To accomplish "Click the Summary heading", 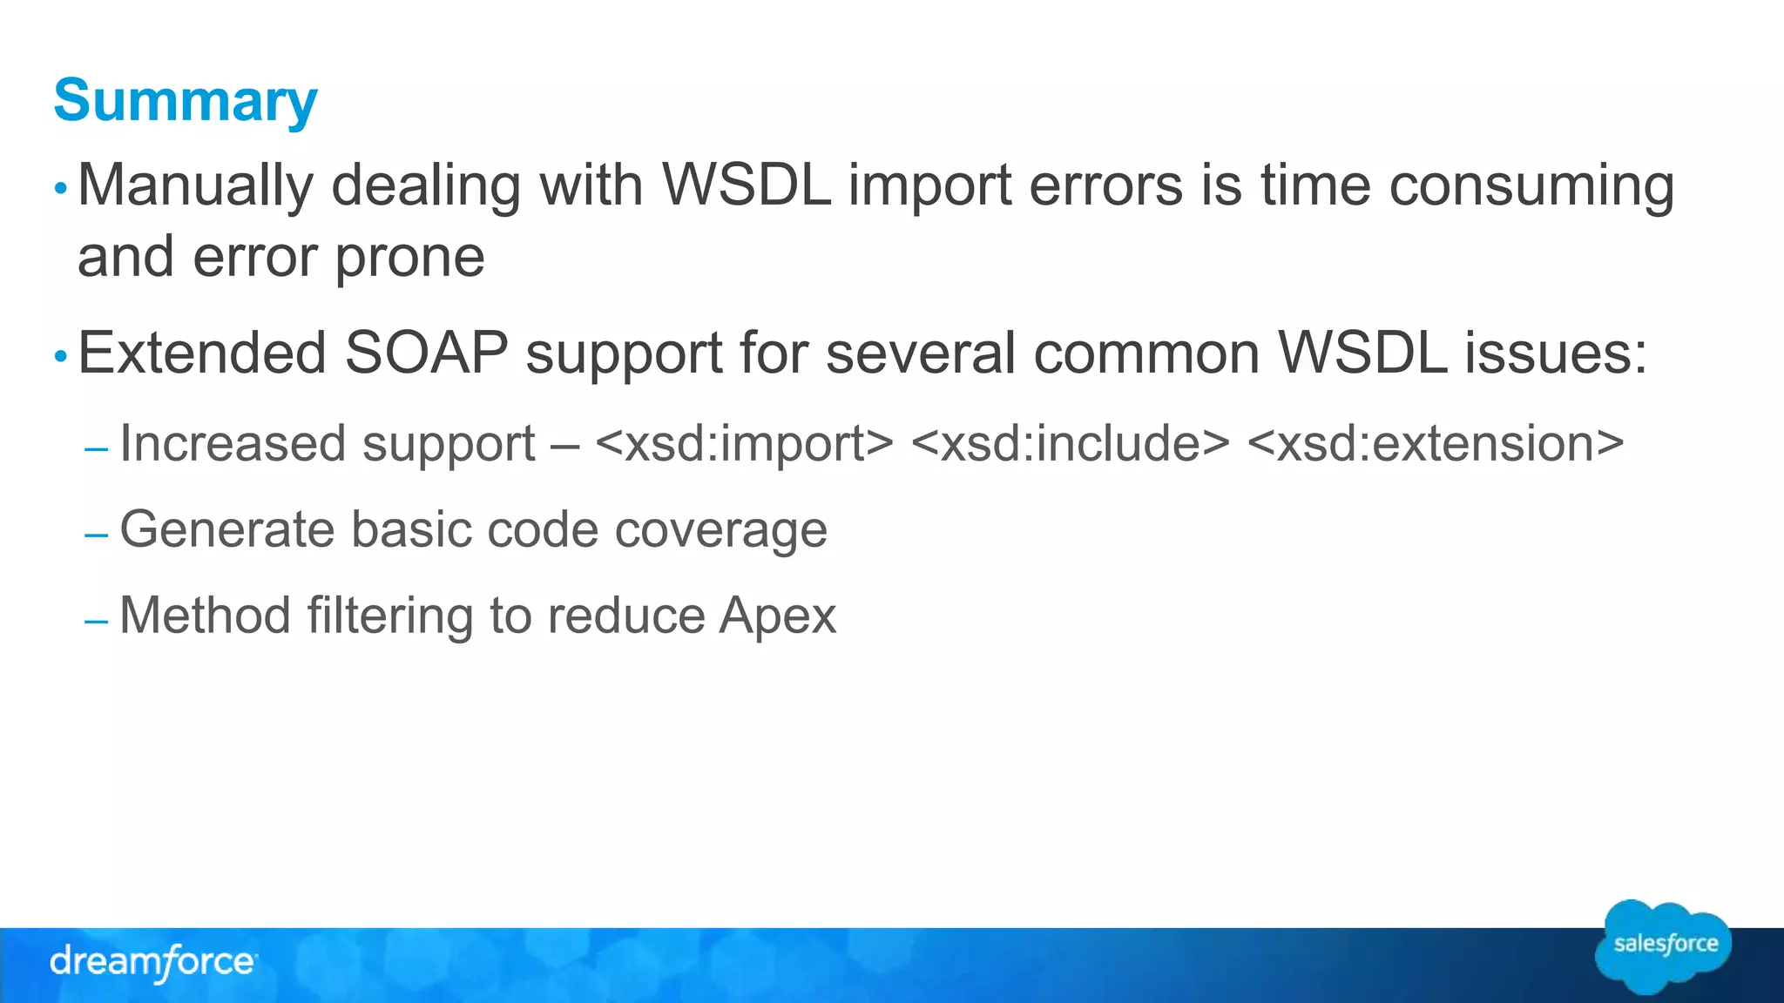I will pos(186,101).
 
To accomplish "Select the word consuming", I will pos(1531,186).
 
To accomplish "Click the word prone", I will pos(409,258).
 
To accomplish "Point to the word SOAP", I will pos(426,353).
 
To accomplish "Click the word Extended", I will pos(202,353).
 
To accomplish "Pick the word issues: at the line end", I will pos(1556,353).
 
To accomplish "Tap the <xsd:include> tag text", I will pos(1070,444).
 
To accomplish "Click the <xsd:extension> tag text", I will pos(1436,444).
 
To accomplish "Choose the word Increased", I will pos(233,444).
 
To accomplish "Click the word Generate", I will pos(227,529).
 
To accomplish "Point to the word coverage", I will pos(720,529).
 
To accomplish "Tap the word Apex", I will pos(778,616).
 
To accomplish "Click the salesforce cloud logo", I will pos(1664,947).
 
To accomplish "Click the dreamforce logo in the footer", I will pos(153,962).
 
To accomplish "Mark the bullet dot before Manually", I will pos(60,189).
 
